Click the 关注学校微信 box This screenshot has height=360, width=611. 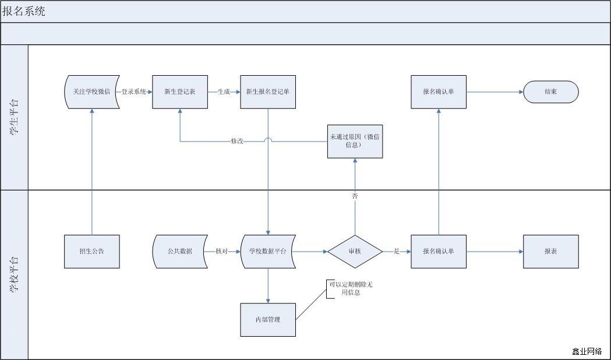[x=92, y=92]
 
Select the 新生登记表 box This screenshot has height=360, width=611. [x=180, y=92]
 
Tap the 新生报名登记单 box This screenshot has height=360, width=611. [x=268, y=92]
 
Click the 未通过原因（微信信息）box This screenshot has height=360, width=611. [x=355, y=141]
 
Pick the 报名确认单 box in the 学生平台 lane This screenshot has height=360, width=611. [x=439, y=92]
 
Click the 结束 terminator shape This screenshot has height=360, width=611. [x=551, y=92]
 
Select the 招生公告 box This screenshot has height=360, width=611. [x=92, y=252]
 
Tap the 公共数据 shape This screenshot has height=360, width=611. [x=180, y=252]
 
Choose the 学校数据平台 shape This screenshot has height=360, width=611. [x=268, y=252]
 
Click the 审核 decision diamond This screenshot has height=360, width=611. [x=355, y=252]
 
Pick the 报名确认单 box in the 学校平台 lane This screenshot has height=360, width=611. [x=439, y=252]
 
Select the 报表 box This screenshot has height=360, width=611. [x=551, y=252]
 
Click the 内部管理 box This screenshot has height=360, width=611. [x=268, y=320]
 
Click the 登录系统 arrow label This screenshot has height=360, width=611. [x=134, y=92]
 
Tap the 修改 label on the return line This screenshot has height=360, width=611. [x=237, y=141]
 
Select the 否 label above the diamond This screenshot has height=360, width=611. [x=355, y=196]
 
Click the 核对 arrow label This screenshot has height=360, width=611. [x=221, y=252]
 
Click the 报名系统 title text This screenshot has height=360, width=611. [x=24, y=11]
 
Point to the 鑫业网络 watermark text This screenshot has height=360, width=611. [x=587, y=351]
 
